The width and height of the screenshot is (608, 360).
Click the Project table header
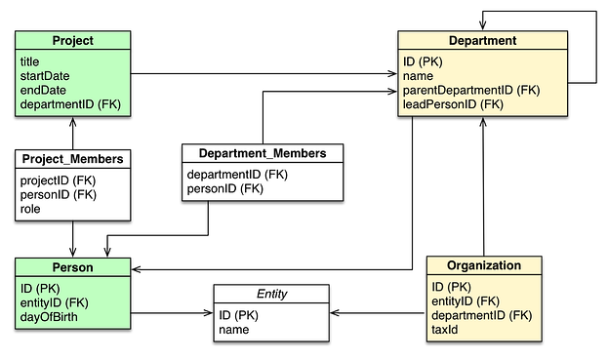73,41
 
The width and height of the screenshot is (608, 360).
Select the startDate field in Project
45,75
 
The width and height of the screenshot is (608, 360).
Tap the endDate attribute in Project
43,89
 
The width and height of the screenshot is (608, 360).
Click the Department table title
482,41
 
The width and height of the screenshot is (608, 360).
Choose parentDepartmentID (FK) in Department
471,89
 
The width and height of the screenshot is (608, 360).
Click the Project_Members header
73,159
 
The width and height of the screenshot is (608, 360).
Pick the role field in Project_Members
30,209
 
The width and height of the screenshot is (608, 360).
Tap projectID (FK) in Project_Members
58,180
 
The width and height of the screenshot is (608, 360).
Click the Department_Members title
263,154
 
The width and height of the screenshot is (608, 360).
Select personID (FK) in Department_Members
224,188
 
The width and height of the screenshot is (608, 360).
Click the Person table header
73,267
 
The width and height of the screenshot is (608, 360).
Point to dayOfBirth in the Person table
49,317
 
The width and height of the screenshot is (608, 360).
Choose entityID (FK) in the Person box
55,303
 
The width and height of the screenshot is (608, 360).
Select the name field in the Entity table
234,330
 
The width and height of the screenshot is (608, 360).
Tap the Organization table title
484,265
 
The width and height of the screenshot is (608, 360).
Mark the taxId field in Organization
445,330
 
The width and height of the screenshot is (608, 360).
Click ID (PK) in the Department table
424,61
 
